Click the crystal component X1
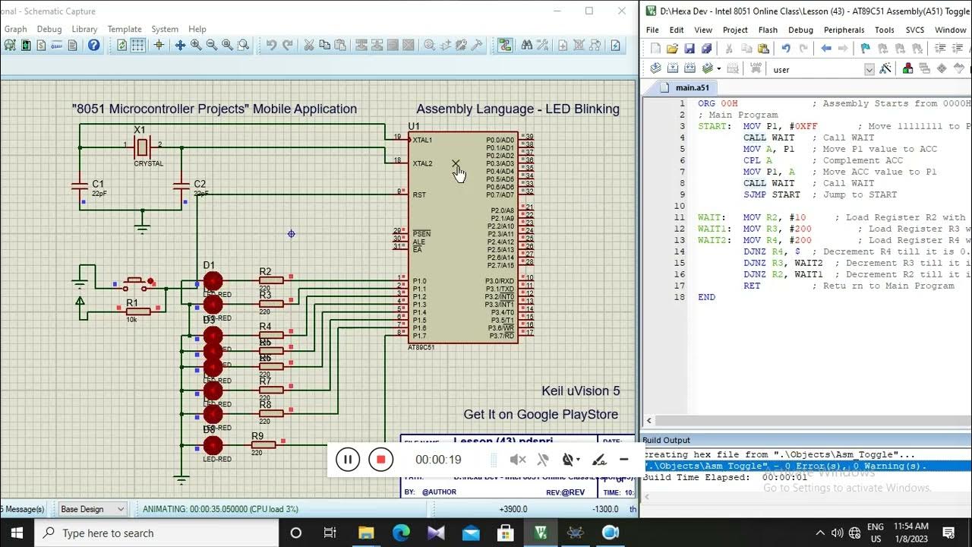pos(142,146)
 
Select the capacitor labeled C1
pos(80,185)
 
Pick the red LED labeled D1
pos(213,282)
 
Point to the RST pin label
pos(419,195)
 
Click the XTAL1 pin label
pos(422,140)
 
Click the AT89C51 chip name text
pos(421,347)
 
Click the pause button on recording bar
pos(347,459)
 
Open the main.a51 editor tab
pos(691,87)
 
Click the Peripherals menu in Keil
pos(844,30)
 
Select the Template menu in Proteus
pos(125,29)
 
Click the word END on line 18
pos(706,297)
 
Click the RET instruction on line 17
pos(752,286)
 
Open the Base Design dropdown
pos(92,509)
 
